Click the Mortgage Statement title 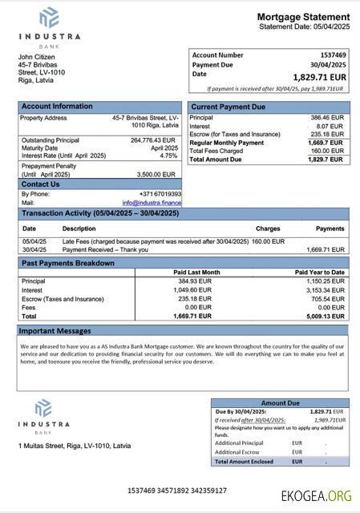[x=303, y=17]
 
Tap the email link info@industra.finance [x=152, y=203]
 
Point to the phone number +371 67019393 [x=160, y=194]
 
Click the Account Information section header [x=57, y=106]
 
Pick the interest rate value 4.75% [x=168, y=156]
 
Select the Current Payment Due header [x=228, y=106]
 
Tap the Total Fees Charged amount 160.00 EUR [x=327, y=151]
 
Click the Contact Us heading [x=40, y=184]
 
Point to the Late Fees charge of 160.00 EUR [x=268, y=240]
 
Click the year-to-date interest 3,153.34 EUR [x=323, y=290]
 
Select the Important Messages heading [x=56, y=330]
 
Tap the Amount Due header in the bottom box [x=280, y=403]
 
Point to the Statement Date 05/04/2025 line [x=304, y=27]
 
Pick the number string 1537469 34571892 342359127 [x=177, y=490]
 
